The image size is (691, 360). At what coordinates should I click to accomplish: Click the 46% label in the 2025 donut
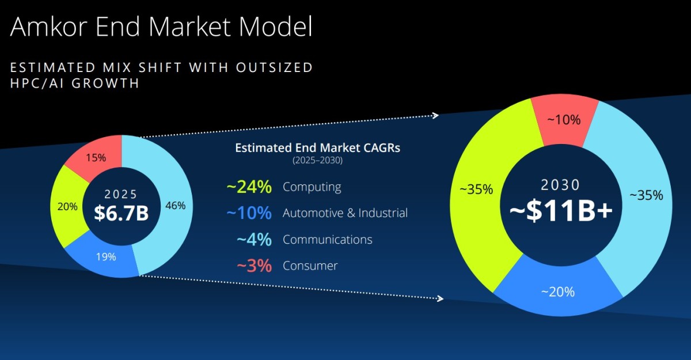[175, 206]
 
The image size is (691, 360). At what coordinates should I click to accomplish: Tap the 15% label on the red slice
[96, 158]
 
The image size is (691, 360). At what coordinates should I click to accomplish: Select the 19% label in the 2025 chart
[106, 257]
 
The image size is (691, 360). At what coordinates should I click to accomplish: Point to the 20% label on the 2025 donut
[67, 206]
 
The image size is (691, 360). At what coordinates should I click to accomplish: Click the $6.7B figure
[122, 213]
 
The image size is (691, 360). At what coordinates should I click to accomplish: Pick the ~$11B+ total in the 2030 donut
[561, 211]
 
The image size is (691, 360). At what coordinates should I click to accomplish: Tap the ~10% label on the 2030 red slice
[564, 120]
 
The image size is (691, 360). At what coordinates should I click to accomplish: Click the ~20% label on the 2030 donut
[558, 292]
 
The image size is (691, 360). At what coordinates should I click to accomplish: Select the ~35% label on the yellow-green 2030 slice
[476, 190]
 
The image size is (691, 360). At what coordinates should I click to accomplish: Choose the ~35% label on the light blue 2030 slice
[646, 195]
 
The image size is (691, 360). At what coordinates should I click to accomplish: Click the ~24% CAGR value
[249, 187]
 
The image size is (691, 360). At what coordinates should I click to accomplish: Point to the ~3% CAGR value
[254, 266]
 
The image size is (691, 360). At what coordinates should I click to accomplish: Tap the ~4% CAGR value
[254, 240]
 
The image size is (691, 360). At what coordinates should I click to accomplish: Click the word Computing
[312, 187]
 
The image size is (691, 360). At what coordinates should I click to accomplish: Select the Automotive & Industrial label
[345, 213]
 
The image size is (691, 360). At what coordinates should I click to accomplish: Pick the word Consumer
[310, 266]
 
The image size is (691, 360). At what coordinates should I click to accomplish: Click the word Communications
[327, 240]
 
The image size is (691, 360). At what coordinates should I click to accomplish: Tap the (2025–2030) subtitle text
[317, 160]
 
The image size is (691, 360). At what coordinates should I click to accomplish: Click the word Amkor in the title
[48, 26]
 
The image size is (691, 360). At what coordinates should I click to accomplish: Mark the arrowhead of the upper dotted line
[435, 116]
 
